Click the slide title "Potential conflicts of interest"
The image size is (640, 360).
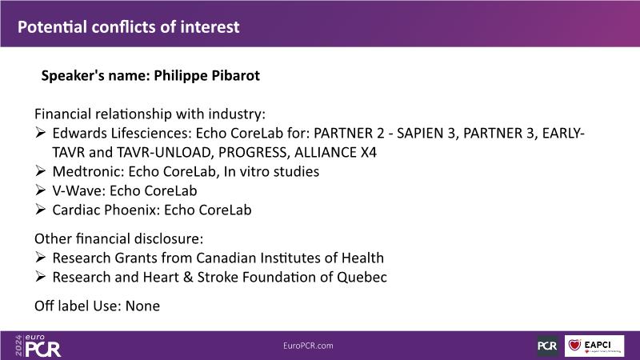pos(129,27)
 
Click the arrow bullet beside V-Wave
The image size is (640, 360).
pos(40,190)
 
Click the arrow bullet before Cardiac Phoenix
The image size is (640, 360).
pos(40,210)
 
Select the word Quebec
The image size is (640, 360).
pos(362,277)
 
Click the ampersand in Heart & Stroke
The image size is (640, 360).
pos(188,277)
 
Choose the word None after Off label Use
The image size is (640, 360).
pos(142,306)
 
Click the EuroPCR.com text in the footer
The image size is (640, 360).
pos(308,346)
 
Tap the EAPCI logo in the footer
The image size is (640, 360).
pos(594,346)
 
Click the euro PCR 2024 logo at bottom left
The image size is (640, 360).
pos(38,346)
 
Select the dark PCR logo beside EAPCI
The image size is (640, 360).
pos(548,346)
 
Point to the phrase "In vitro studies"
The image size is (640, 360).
pos(271,171)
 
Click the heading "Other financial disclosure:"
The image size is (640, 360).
pos(118,238)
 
